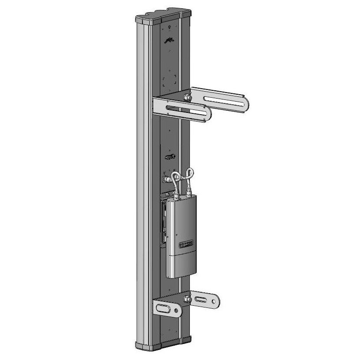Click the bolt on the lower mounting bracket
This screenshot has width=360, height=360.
coord(187,299)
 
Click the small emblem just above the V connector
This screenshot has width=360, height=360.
coord(170,156)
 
